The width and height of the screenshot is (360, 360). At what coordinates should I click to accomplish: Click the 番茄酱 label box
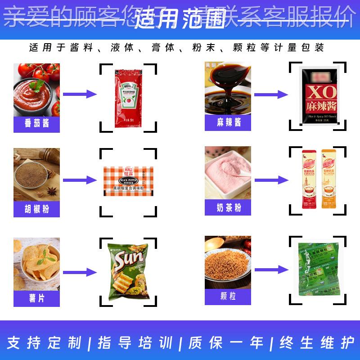[x=36, y=123]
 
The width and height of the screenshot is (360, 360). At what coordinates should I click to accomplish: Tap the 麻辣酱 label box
[x=228, y=122]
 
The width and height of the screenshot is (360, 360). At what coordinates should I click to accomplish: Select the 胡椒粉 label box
[x=36, y=209]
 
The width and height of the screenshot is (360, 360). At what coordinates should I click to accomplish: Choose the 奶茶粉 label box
[x=228, y=207]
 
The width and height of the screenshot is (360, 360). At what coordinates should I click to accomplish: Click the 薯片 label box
[x=36, y=297]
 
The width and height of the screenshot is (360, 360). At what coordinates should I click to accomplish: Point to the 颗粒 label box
[x=228, y=297]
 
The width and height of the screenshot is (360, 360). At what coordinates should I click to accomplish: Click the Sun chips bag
[x=128, y=272]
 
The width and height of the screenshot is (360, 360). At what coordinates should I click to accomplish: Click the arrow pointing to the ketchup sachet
[x=80, y=94]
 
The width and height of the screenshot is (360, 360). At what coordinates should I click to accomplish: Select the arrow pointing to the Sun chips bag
[x=80, y=272]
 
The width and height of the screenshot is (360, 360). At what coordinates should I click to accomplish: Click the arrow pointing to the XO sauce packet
[x=271, y=94]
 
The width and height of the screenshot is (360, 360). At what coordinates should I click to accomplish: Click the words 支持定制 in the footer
[x=45, y=343]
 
